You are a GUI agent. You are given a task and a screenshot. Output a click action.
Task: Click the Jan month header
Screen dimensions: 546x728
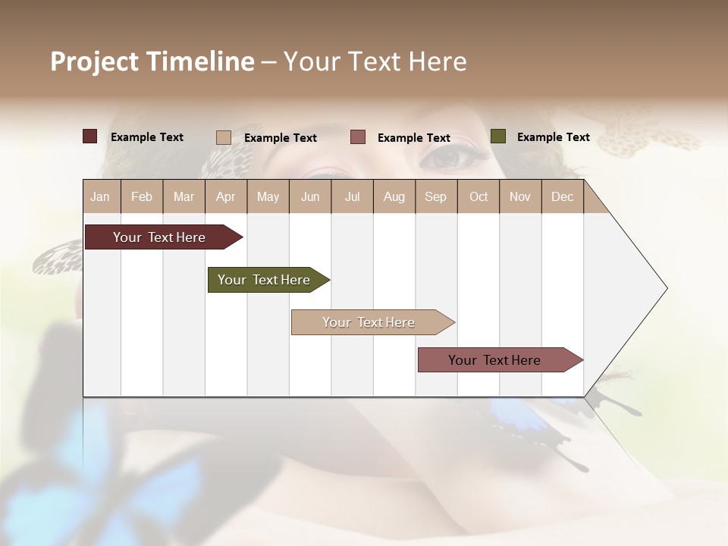pos(101,197)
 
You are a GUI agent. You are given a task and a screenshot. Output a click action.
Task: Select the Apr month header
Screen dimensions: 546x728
pos(226,197)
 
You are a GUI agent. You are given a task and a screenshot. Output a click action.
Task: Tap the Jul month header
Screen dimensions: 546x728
pos(352,197)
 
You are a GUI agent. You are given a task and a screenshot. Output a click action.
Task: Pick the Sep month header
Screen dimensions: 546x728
pos(435,197)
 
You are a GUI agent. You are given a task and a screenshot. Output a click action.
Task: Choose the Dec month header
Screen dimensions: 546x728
pos(562,197)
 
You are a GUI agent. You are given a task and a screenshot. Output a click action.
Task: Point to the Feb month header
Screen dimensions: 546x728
pos(142,197)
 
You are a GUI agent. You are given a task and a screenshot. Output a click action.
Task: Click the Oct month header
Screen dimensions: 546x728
pos(479,197)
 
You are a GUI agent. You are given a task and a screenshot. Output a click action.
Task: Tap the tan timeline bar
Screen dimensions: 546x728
pos(369,322)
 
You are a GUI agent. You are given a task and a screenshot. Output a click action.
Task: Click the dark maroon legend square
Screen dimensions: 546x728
pos(90,136)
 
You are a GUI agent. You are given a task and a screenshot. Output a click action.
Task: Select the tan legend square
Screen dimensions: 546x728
pos(224,137)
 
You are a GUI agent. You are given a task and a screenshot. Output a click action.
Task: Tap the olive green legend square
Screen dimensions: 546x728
pos(497,136)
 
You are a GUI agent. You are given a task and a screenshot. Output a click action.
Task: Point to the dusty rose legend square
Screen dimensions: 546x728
pos(358,137)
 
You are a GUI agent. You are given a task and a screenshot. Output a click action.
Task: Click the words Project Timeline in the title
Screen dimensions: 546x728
pos(152,61)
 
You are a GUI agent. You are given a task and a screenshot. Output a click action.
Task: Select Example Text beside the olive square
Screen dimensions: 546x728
pos(553,137)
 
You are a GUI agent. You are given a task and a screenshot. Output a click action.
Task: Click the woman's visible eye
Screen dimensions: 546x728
pos(451,157)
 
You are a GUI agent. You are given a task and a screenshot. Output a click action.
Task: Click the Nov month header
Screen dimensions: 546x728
pos(520,197)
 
